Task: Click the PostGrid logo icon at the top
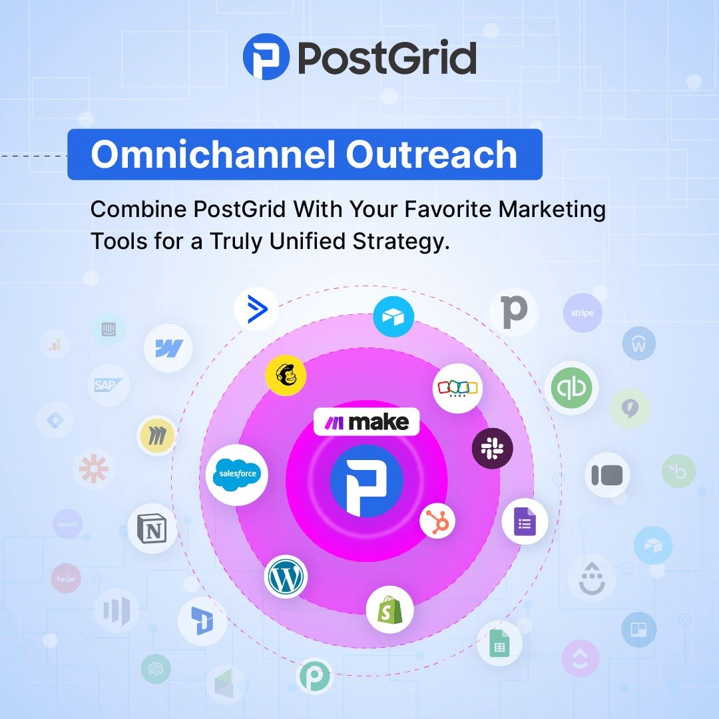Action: click(x=266, y=57)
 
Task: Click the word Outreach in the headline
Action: click(x=431, y=154)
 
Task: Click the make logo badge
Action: click(x=366, y=422)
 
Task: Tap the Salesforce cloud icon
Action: click(x=236, y=474)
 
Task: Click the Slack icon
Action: click(x=493, y=449)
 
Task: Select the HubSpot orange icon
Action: click(x=439, y=521)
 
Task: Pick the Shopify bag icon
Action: click(x=389, y=609)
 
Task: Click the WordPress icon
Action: click(x=286, y=577)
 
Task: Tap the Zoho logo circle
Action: click(x=457, y=388)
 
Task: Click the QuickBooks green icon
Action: click(x=571, y=388)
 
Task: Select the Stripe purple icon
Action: click(x=583, y=313)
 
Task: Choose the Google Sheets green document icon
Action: click(x=499, y=644)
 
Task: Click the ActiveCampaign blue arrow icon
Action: click(x=256, y=310)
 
